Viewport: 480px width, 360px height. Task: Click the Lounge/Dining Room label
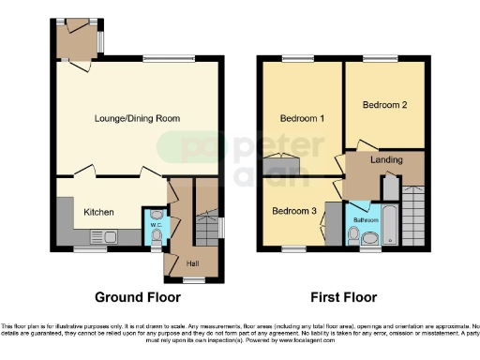(137, 118)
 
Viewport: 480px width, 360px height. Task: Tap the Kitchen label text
(99, 212)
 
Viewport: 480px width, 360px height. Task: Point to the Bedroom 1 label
(302, 118)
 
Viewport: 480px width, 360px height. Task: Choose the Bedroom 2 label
(384, 105)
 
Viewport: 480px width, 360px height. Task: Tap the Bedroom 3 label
(293, 211)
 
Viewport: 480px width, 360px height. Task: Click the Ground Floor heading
(138, 297)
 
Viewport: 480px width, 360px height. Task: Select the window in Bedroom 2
(380, 60)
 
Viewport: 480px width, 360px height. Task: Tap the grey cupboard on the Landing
(389, 186)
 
